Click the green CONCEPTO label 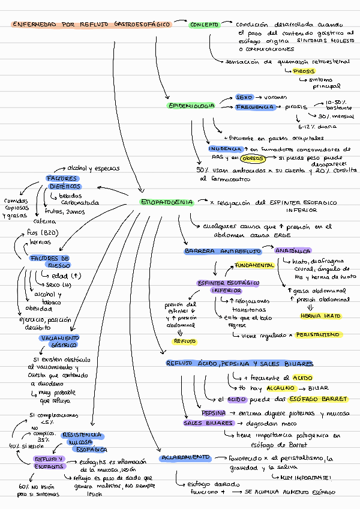(x=205, y=25)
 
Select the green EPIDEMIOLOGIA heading (x=190, y=106)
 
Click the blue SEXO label (x=244, y=97)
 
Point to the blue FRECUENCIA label (x=255, y=107)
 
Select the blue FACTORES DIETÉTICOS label (x=63, y=182)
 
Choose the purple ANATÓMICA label (x=293, y=251)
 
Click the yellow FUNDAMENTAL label (x=254, y=265)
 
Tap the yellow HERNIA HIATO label (x=320, y=316)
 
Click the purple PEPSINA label (x=214, y=413)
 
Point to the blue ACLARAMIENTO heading (x=184, y=458)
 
